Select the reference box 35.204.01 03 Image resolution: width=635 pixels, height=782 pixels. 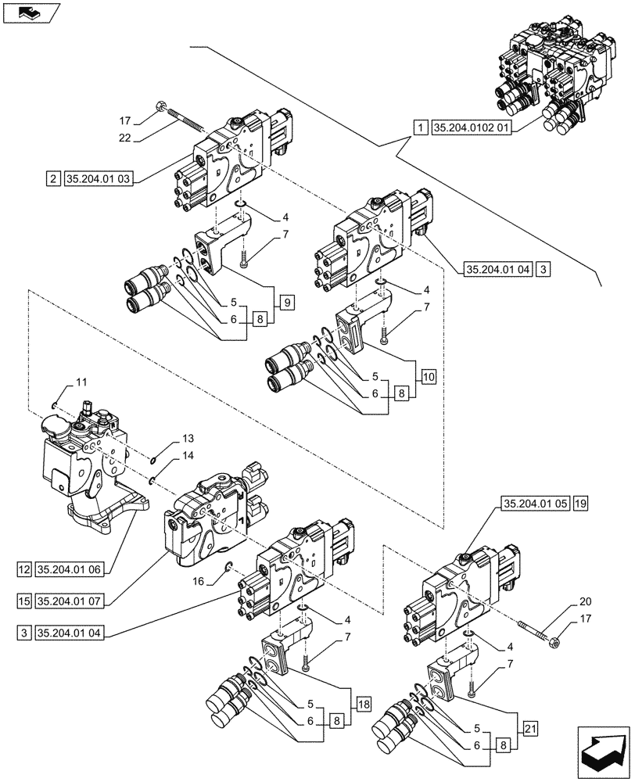tap(99, 179)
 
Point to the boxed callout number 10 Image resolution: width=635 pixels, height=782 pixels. tap(427, 376)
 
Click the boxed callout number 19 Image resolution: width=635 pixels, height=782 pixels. tap(579, 504)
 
